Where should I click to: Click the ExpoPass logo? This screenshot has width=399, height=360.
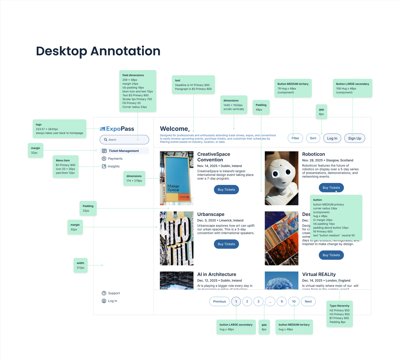coord(117,129)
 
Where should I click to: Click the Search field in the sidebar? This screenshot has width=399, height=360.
coord(124,140)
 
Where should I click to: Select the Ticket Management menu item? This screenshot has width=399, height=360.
coord(124,151)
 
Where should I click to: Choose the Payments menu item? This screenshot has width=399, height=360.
coord(115,159)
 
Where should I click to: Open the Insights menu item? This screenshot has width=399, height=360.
coord(114,166)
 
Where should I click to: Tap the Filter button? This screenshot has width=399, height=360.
coord(295,138)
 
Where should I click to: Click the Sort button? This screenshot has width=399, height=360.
coord(313,138)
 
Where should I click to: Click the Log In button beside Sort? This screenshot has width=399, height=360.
coord(332,138)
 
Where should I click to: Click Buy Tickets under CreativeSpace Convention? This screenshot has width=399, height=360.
coord(226,190)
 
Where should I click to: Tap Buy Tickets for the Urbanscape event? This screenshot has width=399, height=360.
coord(226,244)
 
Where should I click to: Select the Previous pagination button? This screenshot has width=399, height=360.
coord(219,302)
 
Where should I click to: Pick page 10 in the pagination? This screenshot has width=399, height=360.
coord(294,302)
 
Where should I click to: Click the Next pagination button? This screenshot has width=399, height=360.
coord(308,302)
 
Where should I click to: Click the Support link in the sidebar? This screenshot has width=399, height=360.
coord(114,293)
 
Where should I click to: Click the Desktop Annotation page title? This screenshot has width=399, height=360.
coord(98,51)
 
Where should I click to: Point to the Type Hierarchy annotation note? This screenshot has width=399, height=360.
coord(339,314)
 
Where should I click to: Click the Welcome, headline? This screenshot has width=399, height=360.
coord(175,129)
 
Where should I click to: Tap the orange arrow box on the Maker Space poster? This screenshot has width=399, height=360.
coord(184,197)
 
